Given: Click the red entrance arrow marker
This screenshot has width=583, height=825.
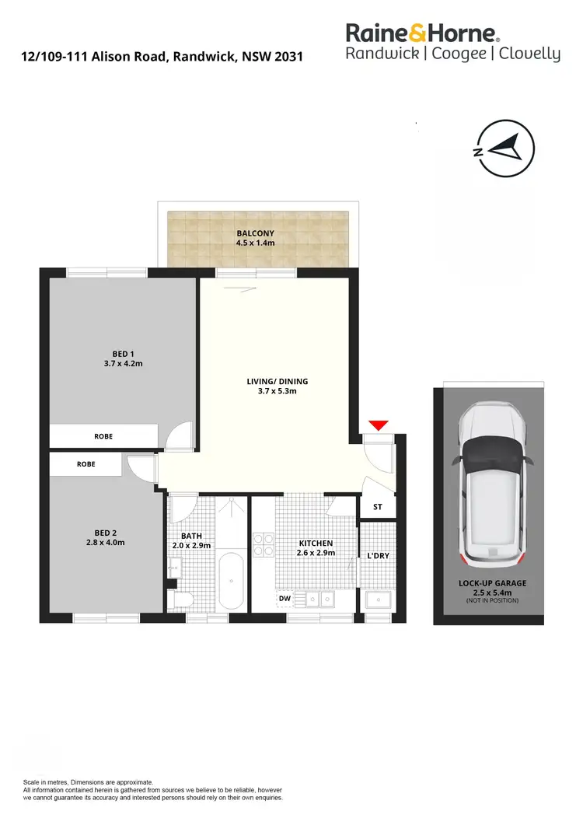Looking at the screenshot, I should click(x=378, y=425).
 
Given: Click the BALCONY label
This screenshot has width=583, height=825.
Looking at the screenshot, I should click(x=256, y=233).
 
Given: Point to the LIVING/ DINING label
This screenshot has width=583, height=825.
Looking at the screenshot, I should click(x=278, y=381).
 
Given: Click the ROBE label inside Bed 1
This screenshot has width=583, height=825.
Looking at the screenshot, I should click(x=103, y=436).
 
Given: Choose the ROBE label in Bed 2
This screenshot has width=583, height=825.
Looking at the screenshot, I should click(x=86, y=463).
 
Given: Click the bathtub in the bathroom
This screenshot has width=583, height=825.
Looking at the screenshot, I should click(x=232, y=580).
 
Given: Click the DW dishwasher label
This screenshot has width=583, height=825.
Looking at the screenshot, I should click(x=285, y=599).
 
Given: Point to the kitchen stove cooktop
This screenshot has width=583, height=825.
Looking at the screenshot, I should click(x=264, y=543).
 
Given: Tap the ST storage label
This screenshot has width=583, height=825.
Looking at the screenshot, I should click(x=378, y=507).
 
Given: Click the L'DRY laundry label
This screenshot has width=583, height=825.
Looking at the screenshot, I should click(x=378, y=556).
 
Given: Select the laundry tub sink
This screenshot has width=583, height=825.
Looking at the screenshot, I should click(x=378, y=599).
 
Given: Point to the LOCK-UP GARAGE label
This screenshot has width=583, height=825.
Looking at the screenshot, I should click(x=492, y=583).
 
